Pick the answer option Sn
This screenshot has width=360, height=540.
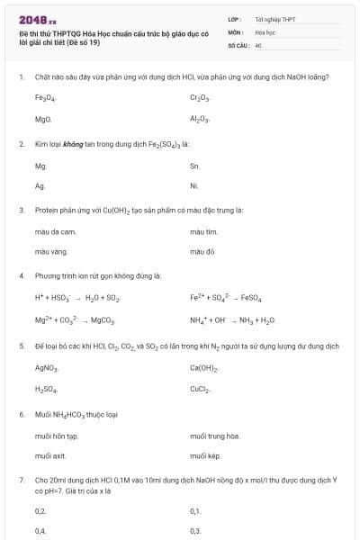(195, 166)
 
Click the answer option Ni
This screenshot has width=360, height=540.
(194, 185)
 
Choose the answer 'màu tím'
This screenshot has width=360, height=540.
(204, 232)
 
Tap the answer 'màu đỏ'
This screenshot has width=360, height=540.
(202, 252)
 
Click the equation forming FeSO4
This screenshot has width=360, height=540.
(225, 297)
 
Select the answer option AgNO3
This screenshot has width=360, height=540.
(47, 368)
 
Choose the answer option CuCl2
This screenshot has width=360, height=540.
(200, 389)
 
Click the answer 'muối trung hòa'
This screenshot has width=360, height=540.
(215, 436)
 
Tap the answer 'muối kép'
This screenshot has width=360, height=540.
(206, 456)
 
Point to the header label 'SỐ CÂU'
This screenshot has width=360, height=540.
(238, 44)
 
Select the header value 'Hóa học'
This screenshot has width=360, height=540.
(265, 31)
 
